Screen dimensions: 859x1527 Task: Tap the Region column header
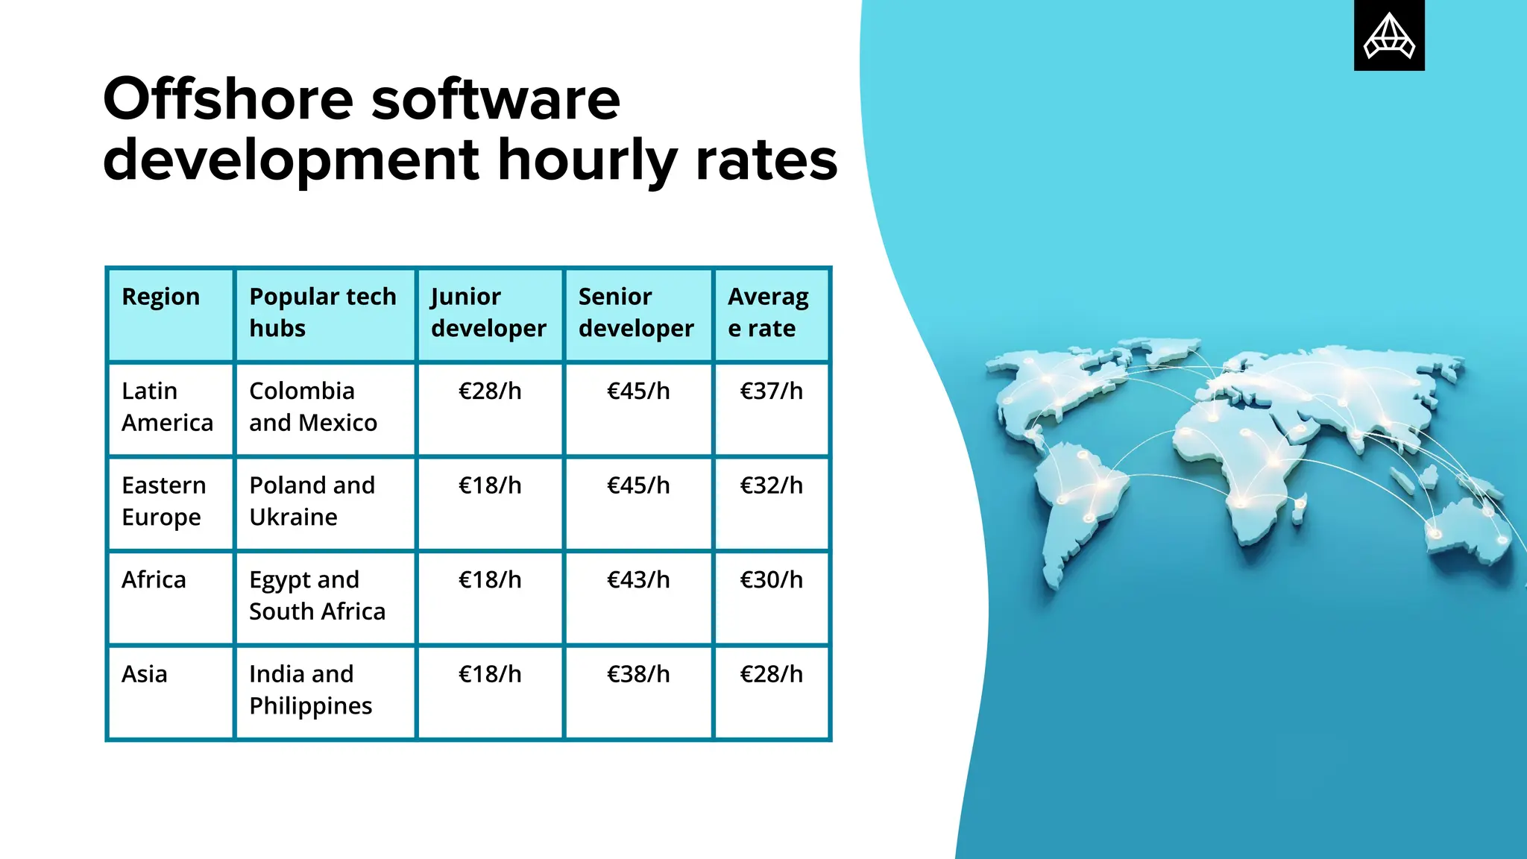(x=161, y=297)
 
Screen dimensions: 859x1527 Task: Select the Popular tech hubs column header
(x=322, y=312)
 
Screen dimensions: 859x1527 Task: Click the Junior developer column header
(x=488, y=312)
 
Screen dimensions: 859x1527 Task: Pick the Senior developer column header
(x=636, y=312)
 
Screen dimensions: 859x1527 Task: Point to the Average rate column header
(x=768, y=312)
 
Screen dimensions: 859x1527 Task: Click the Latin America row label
(x=167, y=407)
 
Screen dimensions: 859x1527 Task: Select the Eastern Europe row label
(x=163, y=501)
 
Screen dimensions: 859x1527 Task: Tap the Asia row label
(x=145, y=674)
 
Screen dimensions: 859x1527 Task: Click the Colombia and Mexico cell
(x=313, y=407)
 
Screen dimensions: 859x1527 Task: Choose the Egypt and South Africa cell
(x=317, y=596)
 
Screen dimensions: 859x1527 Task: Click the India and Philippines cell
(x=310, y=690)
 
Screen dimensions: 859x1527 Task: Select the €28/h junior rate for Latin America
(x=490, y=391)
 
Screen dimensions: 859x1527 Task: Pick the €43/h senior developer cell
(x=638, y=580)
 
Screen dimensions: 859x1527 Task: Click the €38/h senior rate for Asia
(x=638, y=674)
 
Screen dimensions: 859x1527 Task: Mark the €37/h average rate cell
(x=771, y=391)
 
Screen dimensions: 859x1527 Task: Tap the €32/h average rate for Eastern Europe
(x=771, y=485)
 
